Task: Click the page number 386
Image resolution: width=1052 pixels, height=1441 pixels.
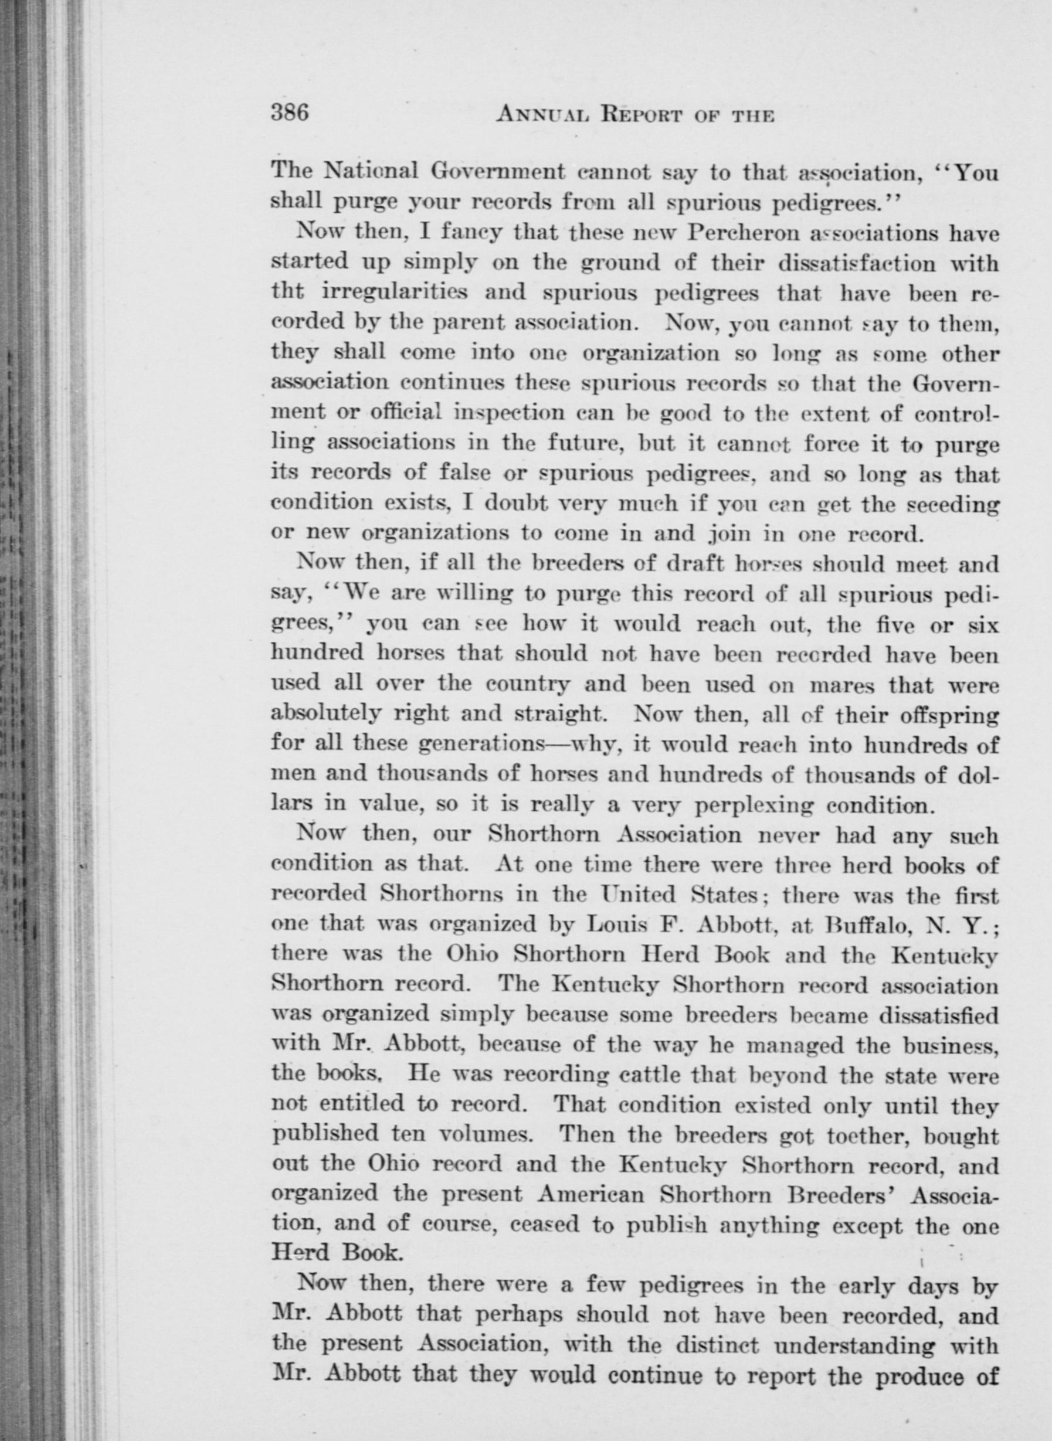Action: pos(290,113)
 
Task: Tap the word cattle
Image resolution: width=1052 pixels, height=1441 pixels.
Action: pos(645,1076)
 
